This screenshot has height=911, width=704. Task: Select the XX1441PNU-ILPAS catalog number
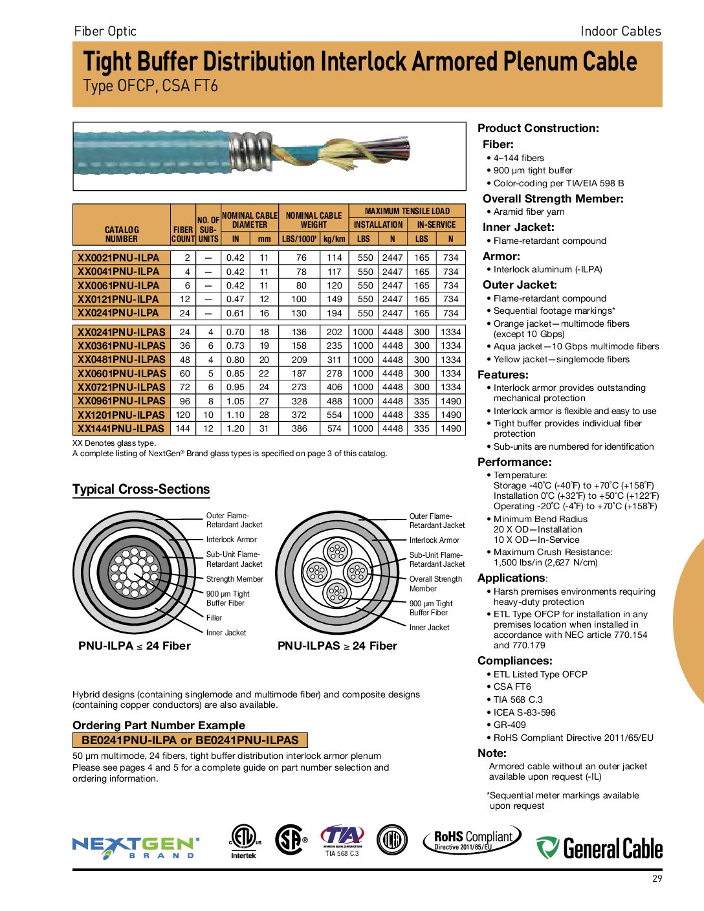tap(121, 428)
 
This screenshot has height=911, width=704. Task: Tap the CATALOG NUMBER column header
tap(121, 234)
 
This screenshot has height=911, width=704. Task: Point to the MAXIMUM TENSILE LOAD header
tap(407, 211)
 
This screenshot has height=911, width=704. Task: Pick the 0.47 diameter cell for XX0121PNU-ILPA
tap(236, 299)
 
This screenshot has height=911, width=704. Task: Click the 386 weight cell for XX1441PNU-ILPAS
tap(299, 428)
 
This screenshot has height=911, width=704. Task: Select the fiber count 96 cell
tap(184, 401)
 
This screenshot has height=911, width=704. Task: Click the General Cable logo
tap(599, 848)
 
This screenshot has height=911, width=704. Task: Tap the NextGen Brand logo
tap(136, 847)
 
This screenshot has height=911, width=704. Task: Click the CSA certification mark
tap(291, 840)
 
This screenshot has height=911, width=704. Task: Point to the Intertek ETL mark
tap(244, 841)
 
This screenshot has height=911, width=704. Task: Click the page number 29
tap(657, 879)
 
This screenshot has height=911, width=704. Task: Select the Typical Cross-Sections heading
tap(141, 490)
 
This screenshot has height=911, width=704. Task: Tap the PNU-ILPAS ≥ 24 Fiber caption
tap(337, 646)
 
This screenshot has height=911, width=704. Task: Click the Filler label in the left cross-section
tap(214, 618)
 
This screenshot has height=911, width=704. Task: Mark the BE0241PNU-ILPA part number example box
tap(190, 740)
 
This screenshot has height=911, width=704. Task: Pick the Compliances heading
tap(514, 661)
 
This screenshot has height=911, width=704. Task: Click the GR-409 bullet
tap(509, 725)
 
